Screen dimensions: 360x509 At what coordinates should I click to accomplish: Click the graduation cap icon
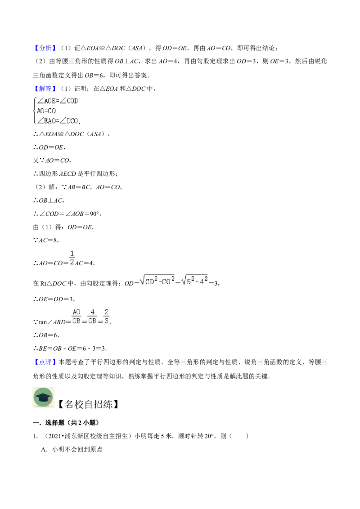[43, 397]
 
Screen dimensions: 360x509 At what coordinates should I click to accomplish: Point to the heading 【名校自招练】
[88, 404]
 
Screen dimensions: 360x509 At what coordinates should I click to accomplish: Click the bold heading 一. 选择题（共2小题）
[66, 422]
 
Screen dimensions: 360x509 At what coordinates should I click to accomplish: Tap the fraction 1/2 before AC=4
[72, 258]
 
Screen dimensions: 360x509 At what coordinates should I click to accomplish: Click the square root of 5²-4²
[194, 280]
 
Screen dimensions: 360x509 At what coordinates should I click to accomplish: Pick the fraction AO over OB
[76, 317]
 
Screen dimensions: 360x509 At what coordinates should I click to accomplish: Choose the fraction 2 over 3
[106, 317]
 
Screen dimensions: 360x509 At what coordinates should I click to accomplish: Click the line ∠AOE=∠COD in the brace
[58, 101]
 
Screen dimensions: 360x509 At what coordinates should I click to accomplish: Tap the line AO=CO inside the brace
[46, 111]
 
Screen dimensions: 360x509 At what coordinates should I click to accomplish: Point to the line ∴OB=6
[46, 335]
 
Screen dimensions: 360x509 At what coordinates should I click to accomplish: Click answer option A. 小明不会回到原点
[72, 449]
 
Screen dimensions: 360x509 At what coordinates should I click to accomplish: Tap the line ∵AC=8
[46, 240]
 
